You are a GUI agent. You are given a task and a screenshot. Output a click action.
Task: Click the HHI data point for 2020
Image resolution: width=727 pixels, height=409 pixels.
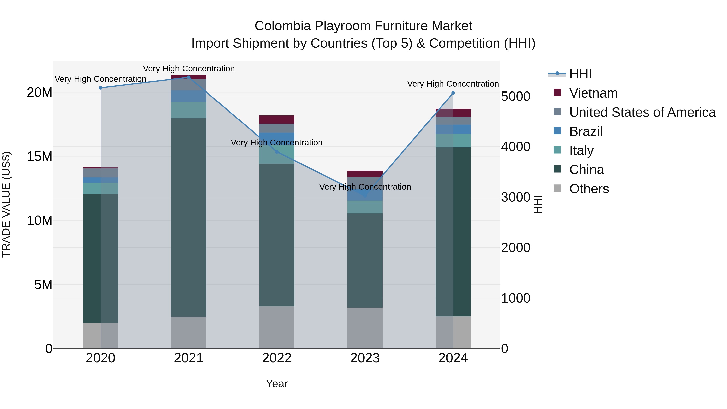(101, 88)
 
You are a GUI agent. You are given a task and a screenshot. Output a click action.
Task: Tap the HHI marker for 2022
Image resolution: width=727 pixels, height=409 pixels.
(277, 152)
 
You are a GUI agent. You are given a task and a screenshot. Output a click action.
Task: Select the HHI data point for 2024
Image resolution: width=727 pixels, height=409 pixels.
(453, 93)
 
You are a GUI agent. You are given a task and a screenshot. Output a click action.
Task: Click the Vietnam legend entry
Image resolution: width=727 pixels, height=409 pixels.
(593, 93)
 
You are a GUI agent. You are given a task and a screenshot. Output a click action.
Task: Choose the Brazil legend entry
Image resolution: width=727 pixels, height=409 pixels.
(586, 131)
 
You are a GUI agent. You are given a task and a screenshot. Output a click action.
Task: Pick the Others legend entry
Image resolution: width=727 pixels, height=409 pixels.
(589, 189)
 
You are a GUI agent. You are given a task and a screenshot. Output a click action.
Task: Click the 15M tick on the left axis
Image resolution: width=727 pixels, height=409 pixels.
(40, 156)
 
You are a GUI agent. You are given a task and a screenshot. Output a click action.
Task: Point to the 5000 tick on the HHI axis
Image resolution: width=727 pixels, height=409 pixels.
(516, 96)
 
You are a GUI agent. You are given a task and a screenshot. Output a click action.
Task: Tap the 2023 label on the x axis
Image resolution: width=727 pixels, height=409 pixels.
(365, 358)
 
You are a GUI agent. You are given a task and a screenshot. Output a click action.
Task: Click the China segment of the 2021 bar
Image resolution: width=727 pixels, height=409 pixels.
(189, 217)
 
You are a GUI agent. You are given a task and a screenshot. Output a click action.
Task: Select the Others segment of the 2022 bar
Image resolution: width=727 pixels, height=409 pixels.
(277, 327)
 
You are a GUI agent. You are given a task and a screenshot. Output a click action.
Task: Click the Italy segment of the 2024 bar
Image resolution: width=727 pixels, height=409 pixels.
(453, 141)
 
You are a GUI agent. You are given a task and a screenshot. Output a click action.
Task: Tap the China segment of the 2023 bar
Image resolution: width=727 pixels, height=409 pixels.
(365, 260)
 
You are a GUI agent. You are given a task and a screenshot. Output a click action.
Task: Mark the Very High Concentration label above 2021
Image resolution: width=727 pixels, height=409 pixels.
(189, 69)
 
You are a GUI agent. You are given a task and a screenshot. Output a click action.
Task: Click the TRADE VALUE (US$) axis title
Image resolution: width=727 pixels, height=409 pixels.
(6, 204)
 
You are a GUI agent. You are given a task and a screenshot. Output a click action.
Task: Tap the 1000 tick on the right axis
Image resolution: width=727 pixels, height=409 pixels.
(516, 298)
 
